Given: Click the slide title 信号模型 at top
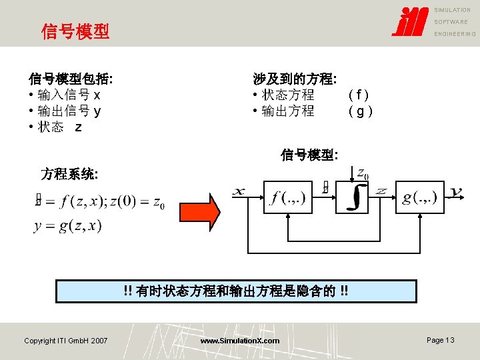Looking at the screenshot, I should [75, 31].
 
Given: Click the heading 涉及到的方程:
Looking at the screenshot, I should [294, 79].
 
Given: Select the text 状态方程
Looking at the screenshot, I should [288, 95].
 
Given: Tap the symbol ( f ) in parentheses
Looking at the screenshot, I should [359, 95].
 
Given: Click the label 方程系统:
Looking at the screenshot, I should [70, 175].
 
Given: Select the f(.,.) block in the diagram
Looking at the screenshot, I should [287, 197].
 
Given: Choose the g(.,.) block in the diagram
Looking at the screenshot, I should [419, 197].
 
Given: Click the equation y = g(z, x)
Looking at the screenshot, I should [67, 226].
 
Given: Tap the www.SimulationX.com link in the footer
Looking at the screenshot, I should [240, 341].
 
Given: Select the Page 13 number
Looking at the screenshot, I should [440, 340].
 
